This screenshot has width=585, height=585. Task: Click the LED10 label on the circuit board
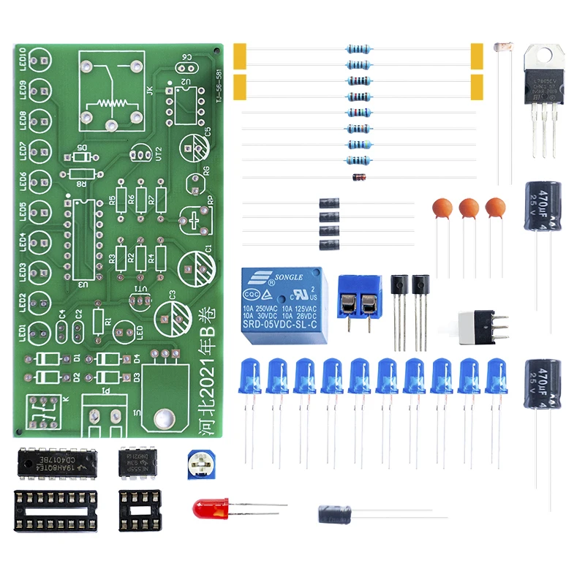click(x=23, y=58)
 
